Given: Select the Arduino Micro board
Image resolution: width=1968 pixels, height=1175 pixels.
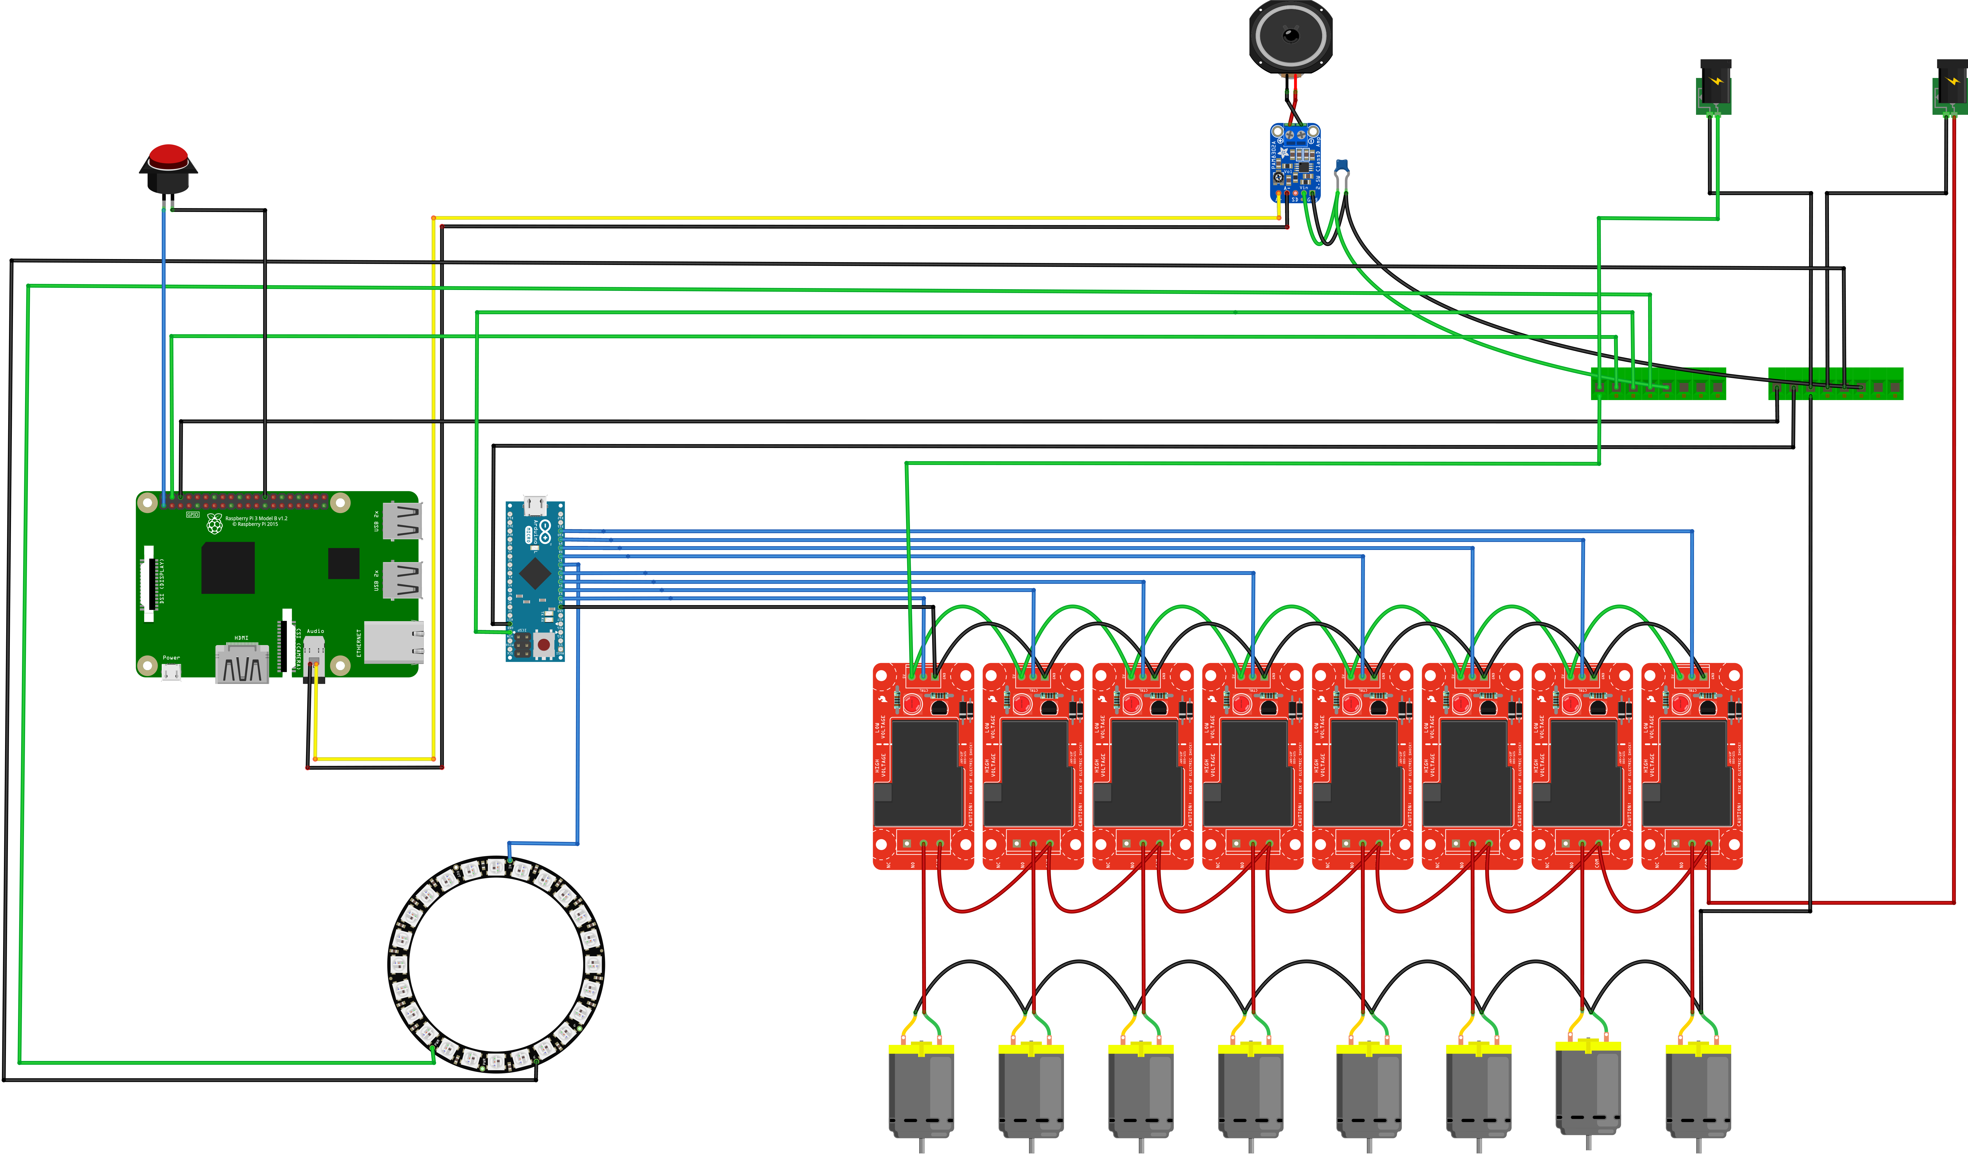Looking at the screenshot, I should pyautogui.click(x=535, y=580).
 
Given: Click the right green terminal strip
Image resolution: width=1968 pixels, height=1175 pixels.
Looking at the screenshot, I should pyautogui.click(x=1835, y=384).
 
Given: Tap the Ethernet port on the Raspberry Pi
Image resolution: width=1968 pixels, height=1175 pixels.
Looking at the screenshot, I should pyautogui.click(x=393, y=641).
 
